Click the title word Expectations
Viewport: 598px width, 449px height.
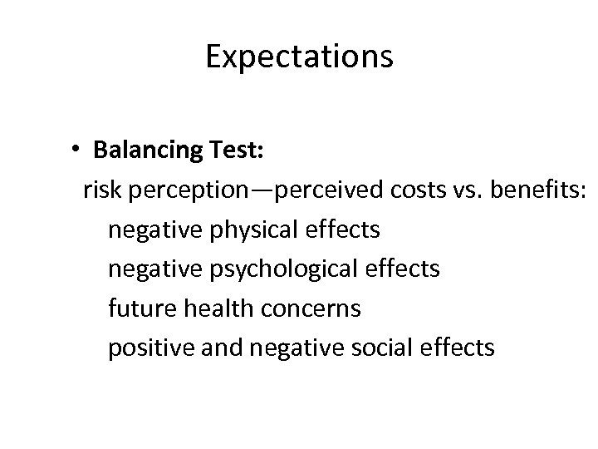[x=299, y=57]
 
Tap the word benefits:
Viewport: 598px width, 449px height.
[x=540, y=191]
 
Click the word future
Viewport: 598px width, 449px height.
[x=138, y=308]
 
